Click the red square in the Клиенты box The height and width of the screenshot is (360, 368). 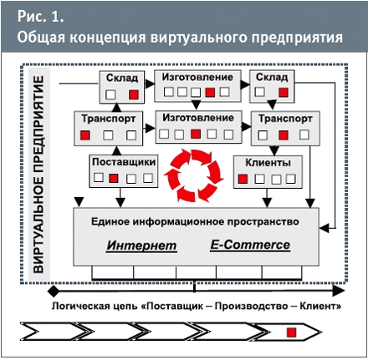click(243, 179)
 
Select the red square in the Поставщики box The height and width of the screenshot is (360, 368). click(114, 178)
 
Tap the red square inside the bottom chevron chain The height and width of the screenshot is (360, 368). click(292, 332)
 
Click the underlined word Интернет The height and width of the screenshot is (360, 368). click(141, 246)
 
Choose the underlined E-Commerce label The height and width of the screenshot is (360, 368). click(250, 245)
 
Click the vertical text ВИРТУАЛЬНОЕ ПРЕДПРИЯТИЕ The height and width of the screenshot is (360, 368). click(38, 175)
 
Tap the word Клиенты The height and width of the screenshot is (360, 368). click(268, 162)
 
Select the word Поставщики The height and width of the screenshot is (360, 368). click(124, 162)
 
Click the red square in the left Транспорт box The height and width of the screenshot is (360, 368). click(85, 135)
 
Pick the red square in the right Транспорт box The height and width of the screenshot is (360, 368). click(284, 135)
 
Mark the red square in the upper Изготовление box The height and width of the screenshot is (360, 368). click(210, 92)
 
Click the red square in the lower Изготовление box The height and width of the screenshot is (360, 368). click(196, 134)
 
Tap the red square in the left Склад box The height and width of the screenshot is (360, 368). click(134, 94)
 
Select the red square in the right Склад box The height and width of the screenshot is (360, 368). click(284, 92)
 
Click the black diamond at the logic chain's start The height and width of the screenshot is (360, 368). click(54, 292)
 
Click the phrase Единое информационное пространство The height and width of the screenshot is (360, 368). click(195, 221)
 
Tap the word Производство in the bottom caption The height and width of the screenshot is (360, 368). click(251, 306)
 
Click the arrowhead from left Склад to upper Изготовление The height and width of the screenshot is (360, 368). click(150, 84)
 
